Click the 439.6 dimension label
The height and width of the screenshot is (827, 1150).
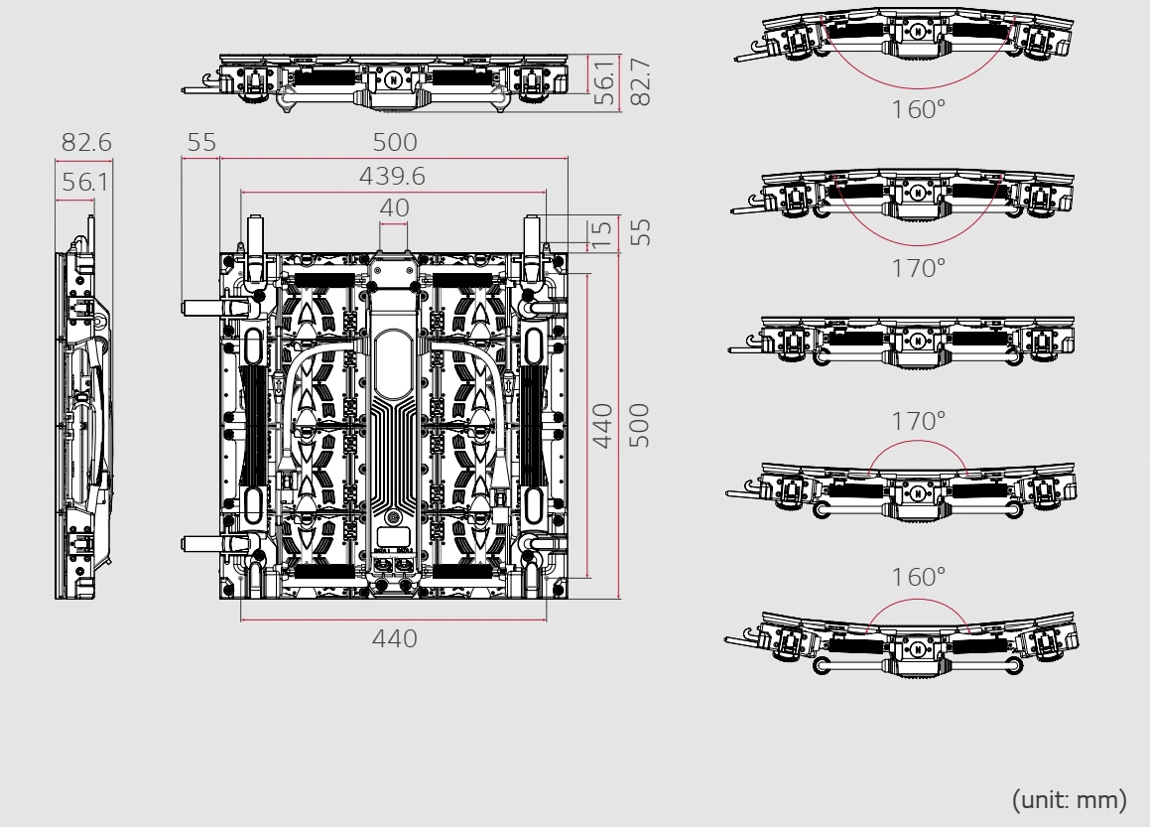coord(392,176)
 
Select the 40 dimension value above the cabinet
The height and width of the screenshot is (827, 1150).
coord(395,208)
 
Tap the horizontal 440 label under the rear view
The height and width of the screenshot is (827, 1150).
coord(394,638)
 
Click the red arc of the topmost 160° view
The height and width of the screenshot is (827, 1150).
coord(917,82)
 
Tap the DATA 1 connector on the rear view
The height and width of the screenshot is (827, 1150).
coord(384,566)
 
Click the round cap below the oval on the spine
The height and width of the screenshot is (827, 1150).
coord(394,517)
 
